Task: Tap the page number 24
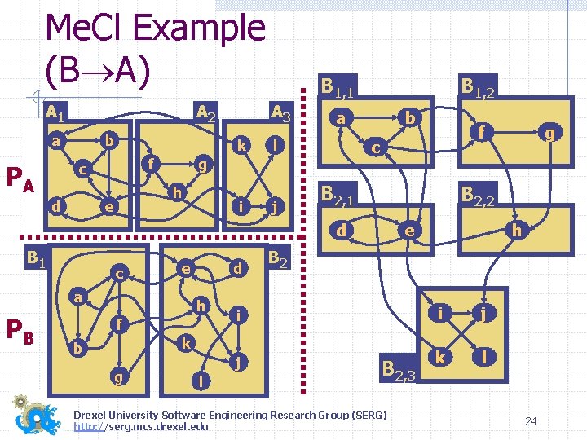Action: click(531, 420)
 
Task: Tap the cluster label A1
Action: click(55, 110)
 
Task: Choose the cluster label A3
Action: click(282, 111)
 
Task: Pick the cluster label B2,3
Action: click(398, 370)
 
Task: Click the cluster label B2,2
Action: click(478, 194)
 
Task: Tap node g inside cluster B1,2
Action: click(551, 131)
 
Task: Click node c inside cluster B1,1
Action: click(374, 147)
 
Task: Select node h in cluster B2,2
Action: click(515, 231)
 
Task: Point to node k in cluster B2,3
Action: click(440, 357)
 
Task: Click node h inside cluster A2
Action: click(175, 192)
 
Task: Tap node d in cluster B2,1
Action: click(342, 231)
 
